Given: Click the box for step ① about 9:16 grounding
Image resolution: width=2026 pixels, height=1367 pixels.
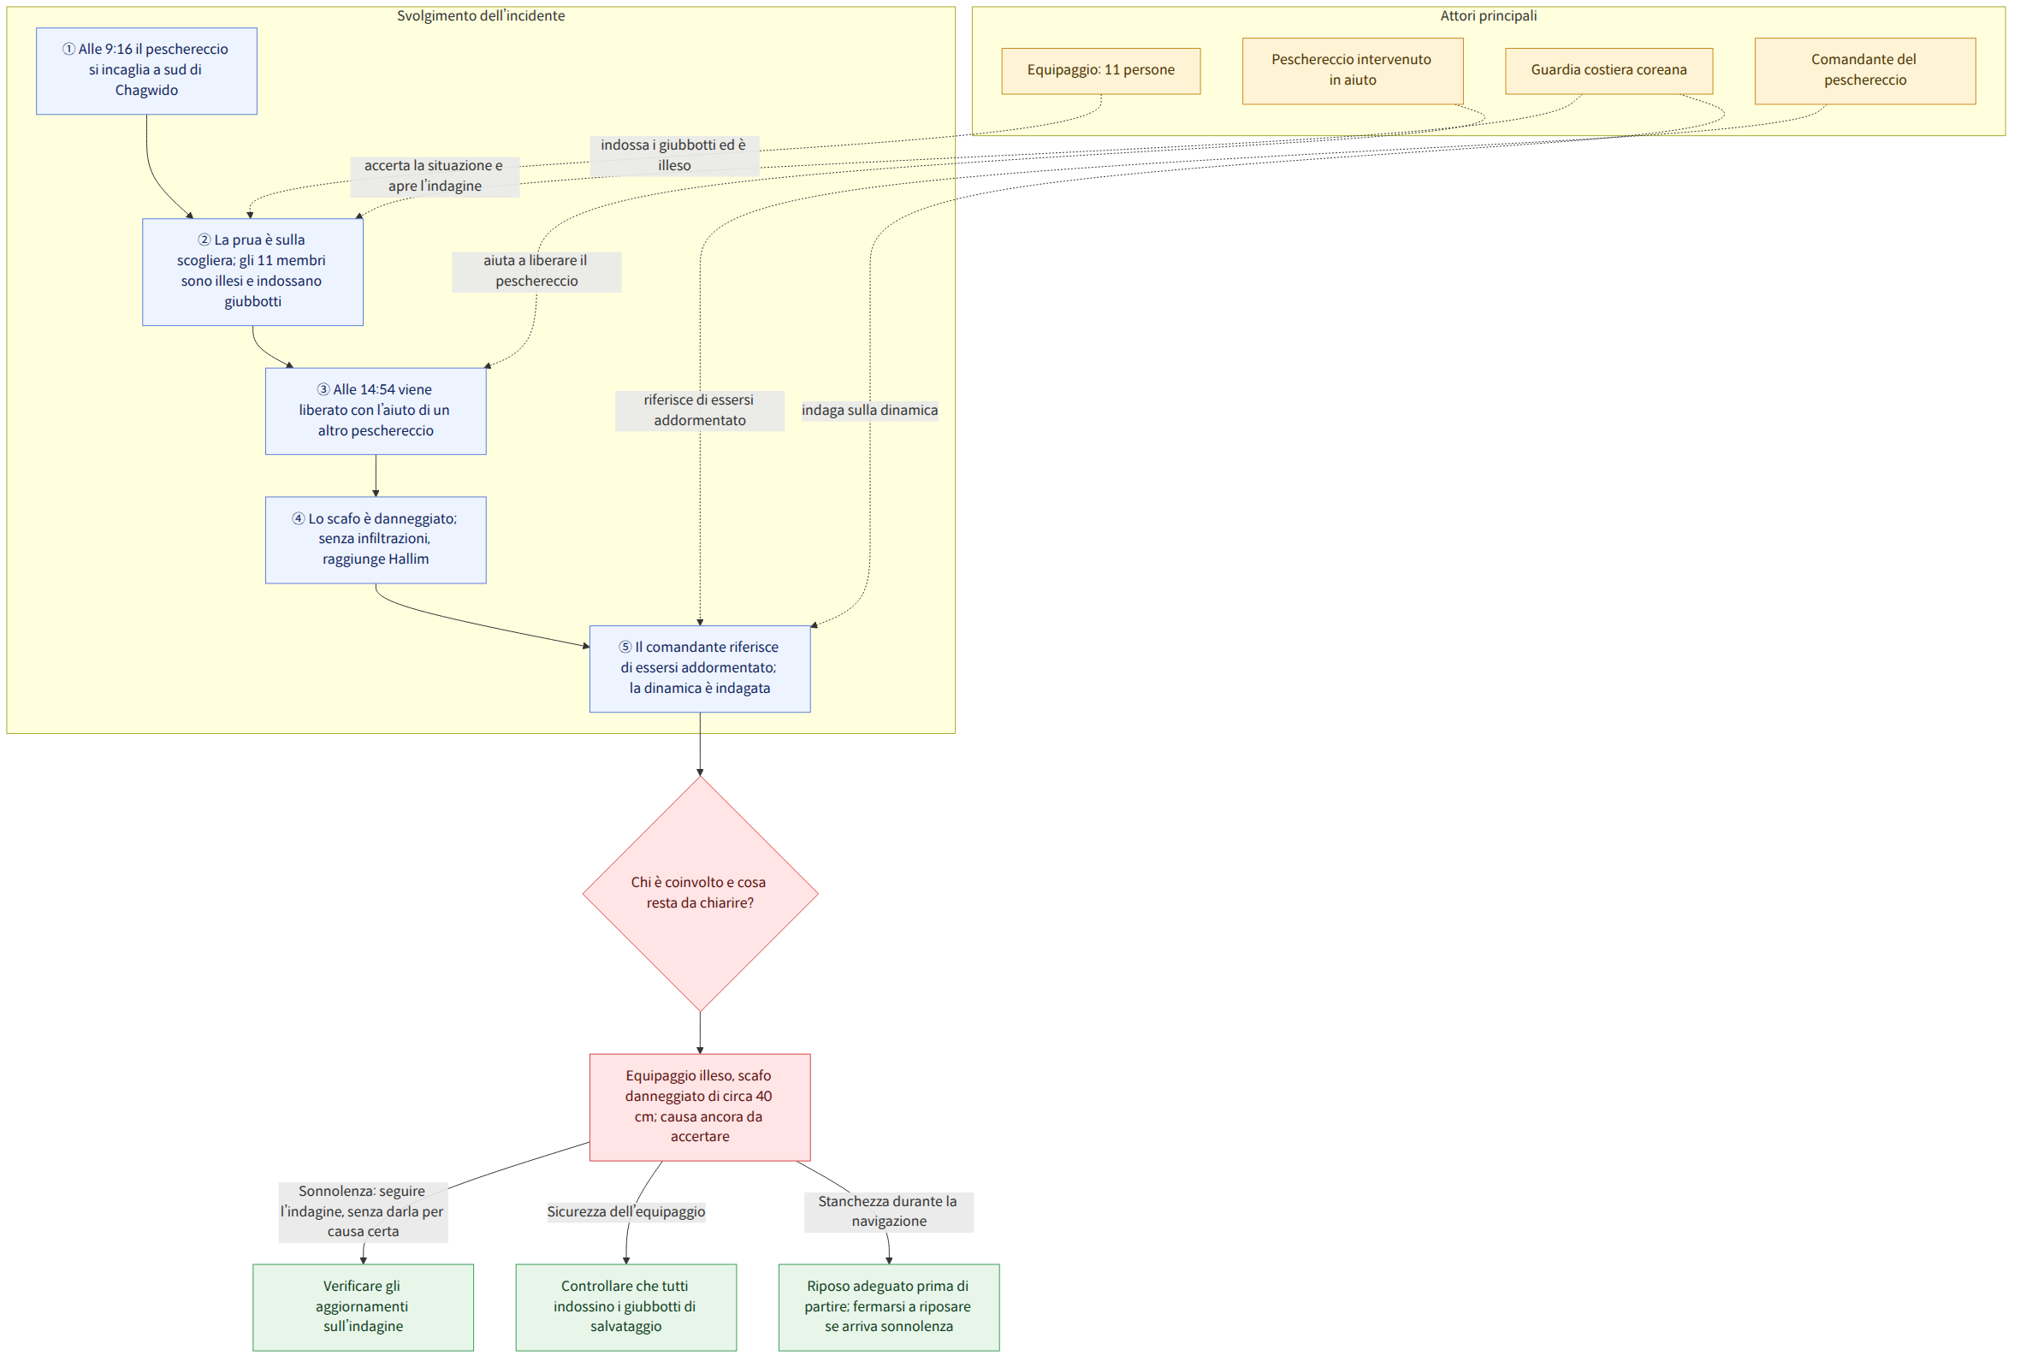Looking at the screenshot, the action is (146, 71).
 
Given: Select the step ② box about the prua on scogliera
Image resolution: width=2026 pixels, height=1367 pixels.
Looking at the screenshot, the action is (252, 272).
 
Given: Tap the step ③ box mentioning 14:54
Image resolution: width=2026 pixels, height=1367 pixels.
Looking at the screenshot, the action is (376, 411).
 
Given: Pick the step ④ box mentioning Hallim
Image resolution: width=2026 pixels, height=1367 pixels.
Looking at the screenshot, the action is (376, 540).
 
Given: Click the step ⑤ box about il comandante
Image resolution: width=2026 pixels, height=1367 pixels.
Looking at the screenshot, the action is (700, 669).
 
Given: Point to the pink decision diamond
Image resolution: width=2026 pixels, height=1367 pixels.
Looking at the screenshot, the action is (700, 894).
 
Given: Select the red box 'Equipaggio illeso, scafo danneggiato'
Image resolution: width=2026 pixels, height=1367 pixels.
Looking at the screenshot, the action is (700, 1107).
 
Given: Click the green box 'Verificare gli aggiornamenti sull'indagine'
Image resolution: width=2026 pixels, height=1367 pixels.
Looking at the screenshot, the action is (364, 1307).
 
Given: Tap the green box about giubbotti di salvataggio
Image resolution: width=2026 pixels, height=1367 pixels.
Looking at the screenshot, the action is (626, 1307).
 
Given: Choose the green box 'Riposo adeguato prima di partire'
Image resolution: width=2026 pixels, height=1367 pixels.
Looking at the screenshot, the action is (889, 1307).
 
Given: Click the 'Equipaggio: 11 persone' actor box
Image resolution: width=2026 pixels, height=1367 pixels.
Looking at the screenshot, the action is (1101, 71).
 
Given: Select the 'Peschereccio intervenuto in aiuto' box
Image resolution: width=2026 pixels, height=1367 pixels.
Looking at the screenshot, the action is (1353, 71).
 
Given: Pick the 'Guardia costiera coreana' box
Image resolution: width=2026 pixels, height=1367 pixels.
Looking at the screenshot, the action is (1609, 71).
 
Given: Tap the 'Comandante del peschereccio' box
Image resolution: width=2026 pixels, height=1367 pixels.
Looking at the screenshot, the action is (1866, 71).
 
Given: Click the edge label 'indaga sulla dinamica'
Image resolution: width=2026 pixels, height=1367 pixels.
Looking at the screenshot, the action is (870, 411).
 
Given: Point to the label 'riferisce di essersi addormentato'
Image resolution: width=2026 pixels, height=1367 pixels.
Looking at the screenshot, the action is (700, 411).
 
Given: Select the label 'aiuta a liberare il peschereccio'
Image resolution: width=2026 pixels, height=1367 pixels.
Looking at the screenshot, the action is (537, 271).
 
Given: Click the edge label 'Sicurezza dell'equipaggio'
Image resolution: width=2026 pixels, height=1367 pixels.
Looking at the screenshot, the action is (626, 1212).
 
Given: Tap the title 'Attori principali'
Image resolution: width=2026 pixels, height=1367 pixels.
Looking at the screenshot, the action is (1489, 15).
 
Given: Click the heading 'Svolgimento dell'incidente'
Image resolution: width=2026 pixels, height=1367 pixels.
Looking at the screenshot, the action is (481, 15).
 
